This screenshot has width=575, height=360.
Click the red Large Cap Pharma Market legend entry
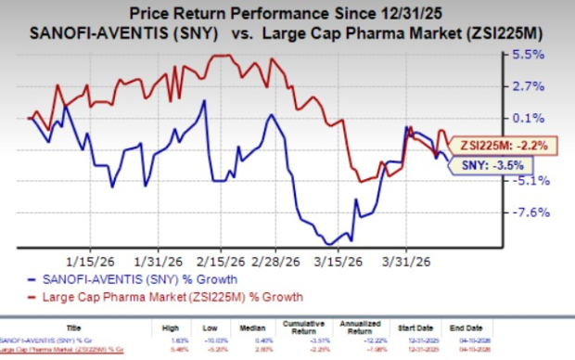click(x=161, y=295)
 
